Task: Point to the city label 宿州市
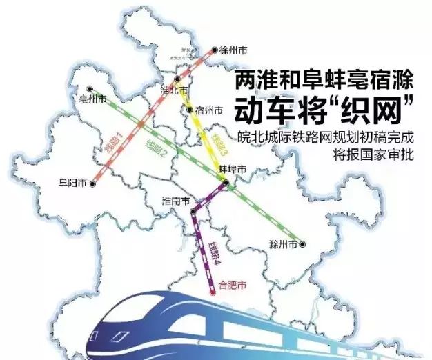[x=209, y=110]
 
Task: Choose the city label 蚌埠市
[x=233, y=170]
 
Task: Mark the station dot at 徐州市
[x=215, y=50]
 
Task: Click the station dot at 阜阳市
[x=90, y=184]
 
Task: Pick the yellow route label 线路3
[x=220, y=141]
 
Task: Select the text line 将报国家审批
[x=377, y=154]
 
